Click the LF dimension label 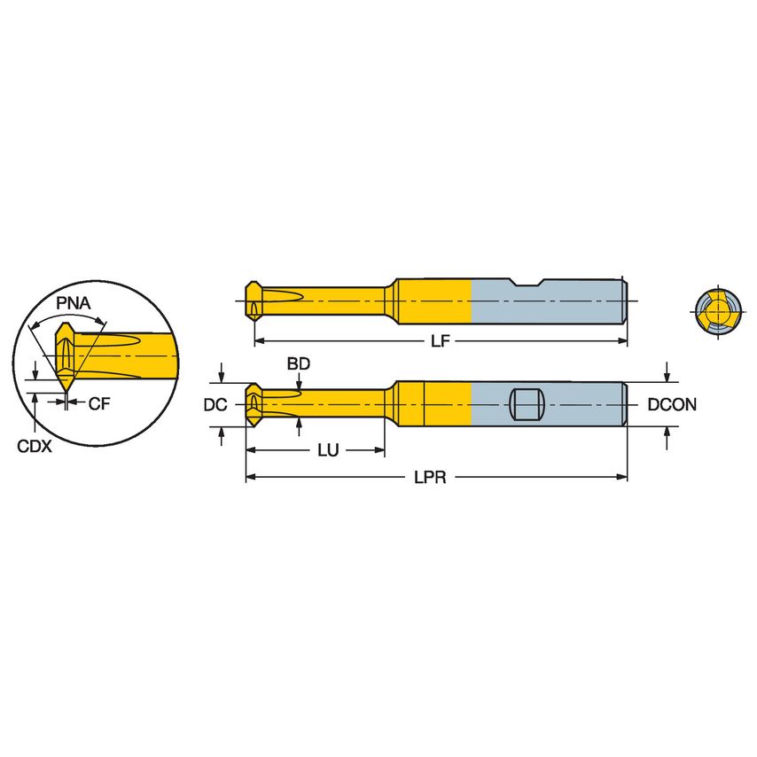pyautogui.click(x=439, y=341)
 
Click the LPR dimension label pyautogui.click(x=430, y=478)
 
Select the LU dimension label pyautogui.click(x=328, y=450)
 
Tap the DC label pyautogui.click(x=214, y=405)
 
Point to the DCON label pyautogui.click(x=672, y=405)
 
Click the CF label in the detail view pyautogui.click(x=98, y=404)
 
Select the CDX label pyautogui.click(x=35, y=447)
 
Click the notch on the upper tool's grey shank pyautogui.click(x=529, y=284)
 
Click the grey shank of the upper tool pyautogui.click(x=567, y=306)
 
